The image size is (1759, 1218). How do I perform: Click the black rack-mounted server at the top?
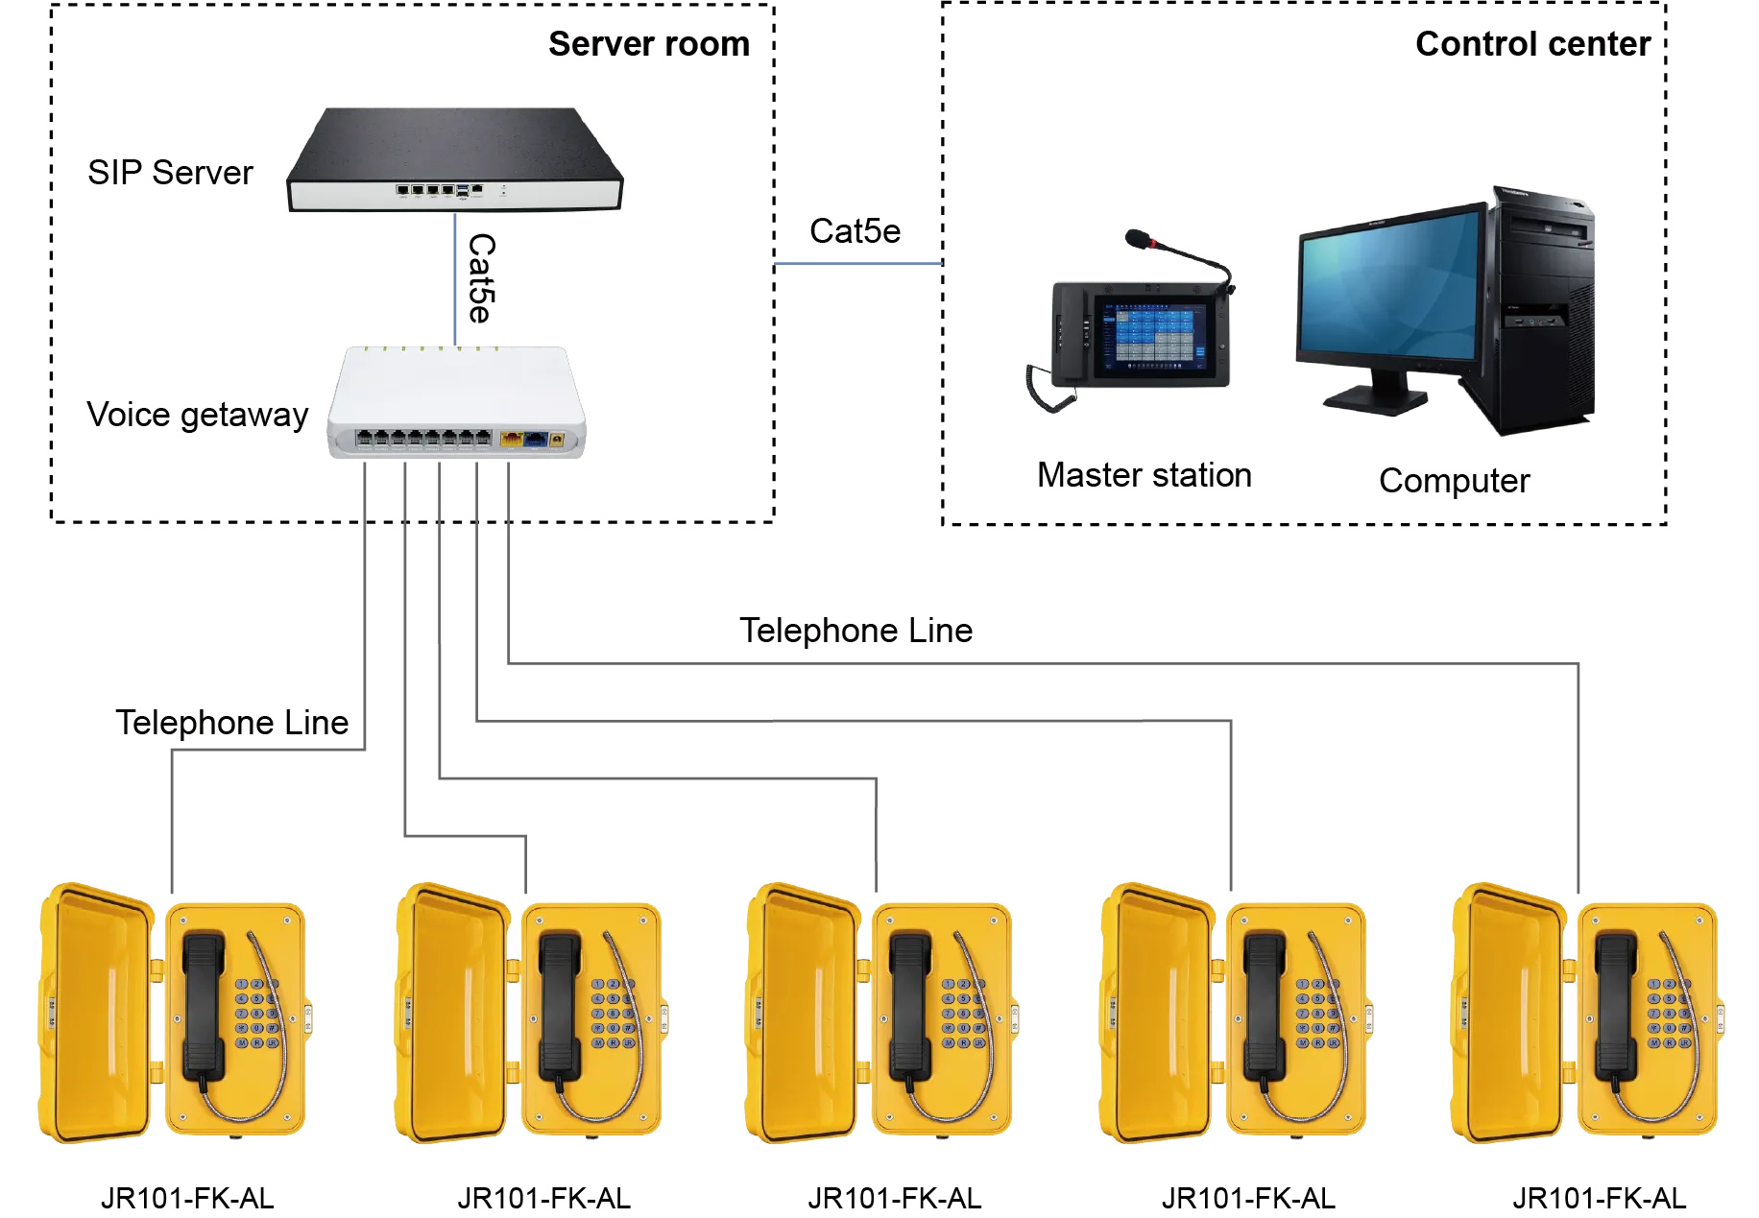tap(459, 157)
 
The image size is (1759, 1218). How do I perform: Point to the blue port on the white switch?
tap(534, 441)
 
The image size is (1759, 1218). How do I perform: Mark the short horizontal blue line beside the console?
tap(857, 264)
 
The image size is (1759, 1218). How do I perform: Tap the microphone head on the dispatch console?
tap(1136, 236)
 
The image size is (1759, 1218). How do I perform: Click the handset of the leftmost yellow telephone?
tap(204, 1004)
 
